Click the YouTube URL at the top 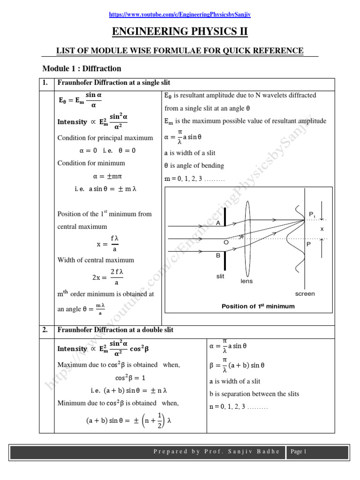point(180,15)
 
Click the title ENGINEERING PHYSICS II point(180,32)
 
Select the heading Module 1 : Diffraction point(82,68)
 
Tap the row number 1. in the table point(45,83)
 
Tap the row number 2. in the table point(45,330)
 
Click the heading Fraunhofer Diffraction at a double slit point(115,330)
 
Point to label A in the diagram point(218,223)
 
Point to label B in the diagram point(218,255)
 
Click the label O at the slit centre point(226,242)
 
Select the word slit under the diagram point(220,277)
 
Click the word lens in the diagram point(247,281)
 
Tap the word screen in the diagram point(305,294)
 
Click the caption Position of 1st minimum point(258,306)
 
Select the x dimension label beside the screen point(322,229)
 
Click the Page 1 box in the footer point(298,452)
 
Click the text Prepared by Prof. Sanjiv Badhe point(217,452)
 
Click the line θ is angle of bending point(194,165)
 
